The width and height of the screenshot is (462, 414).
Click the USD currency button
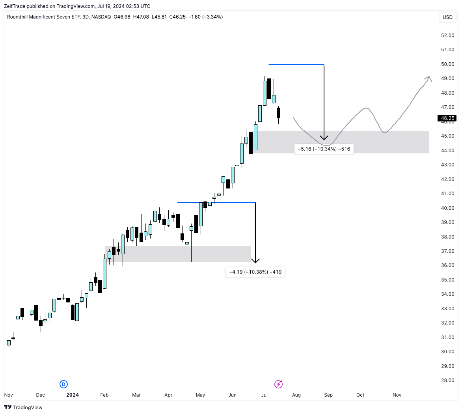click(447, 17)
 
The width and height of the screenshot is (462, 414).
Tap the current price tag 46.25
click(447, 118)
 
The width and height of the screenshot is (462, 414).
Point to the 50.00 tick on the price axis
click(447, 64)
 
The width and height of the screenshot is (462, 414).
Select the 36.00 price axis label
click(447, 265)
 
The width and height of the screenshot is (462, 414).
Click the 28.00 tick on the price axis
click(447, 380)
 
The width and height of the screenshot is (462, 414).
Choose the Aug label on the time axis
click(296, 395)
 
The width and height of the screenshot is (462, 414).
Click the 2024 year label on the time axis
click(72, 395)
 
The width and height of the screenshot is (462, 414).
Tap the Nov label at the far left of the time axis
click(8, 395)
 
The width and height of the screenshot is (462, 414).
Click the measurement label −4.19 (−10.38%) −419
click(255, 272)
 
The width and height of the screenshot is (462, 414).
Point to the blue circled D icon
click(63, 384)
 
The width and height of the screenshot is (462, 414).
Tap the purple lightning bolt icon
click(278, 384)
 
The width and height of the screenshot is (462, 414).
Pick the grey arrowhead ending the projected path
click(428, 78)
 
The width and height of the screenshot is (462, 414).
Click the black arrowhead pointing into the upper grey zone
click(324, 138)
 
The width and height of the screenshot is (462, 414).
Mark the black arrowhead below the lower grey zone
click(255, 260)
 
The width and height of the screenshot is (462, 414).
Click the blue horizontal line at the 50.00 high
click(296, 64)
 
